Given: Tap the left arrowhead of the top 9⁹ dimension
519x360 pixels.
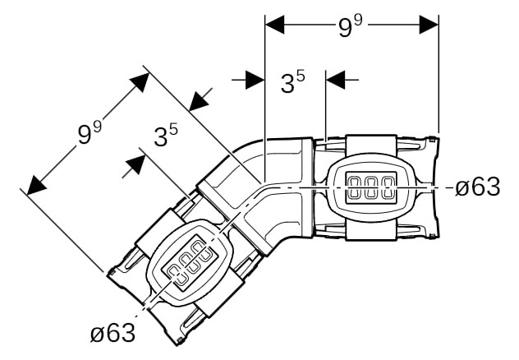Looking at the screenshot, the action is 275,25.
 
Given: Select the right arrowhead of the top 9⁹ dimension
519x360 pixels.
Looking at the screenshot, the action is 429,25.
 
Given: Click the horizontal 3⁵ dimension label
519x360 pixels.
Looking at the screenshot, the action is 293,82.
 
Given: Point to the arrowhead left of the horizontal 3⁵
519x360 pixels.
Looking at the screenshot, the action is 255,80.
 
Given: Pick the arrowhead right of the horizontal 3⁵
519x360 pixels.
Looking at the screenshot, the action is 336,80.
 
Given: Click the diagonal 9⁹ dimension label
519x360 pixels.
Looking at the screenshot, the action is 90,132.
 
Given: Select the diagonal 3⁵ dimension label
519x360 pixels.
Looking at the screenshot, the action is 166,136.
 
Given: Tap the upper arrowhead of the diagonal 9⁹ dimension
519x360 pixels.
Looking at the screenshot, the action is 140,82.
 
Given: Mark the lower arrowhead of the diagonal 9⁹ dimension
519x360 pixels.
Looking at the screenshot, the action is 36,186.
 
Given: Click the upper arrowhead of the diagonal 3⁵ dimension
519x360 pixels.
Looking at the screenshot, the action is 199,100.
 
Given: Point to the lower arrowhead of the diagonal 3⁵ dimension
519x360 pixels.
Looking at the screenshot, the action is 136,164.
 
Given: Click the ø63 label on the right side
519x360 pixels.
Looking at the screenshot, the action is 478,187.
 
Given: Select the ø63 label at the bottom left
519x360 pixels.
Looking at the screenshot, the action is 113,332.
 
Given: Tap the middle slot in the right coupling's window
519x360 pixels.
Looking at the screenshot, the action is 370,187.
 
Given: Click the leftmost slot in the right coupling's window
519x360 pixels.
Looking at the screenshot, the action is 355,187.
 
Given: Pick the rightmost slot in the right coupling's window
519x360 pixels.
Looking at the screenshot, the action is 388,187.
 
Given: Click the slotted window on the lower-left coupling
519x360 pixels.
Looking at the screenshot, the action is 190,263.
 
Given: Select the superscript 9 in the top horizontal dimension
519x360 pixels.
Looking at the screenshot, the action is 358,21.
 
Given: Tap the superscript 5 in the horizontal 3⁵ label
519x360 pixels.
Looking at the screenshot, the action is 301,76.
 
